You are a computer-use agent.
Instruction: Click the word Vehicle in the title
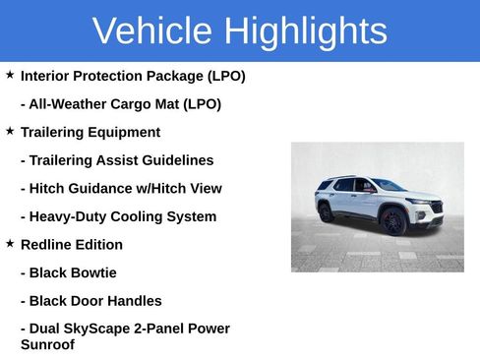pyautogui.click(x=152, y=31)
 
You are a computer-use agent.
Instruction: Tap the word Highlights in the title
pyautogui.click(x=305, y=31)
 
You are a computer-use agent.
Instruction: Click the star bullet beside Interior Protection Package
pyautogui.click(x=10, y=75)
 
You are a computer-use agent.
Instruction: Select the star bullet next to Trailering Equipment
pyautogui.click(x=10, y=131)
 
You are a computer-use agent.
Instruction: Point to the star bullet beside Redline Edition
pyautogui.click(x=10, y=243)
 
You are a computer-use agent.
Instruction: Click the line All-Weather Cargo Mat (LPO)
pyautogui.click(x=120, y=104)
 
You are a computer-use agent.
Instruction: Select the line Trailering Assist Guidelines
pyautogui.click(x=116, y=160)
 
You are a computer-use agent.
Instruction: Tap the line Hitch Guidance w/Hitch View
pyautogui.click(x=121, y=189)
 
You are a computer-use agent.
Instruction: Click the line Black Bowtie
pyautogui.click(x=68, y=272)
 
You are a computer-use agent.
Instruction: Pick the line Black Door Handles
pyautogui.click(x=90, y=301)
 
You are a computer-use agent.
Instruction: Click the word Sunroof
pyautogui.click(x=47, y=345)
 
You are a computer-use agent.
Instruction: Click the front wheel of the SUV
pyautogui.click(x=393, y=220)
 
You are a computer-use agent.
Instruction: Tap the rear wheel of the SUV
pyautogui.click(x=327, y=212)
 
